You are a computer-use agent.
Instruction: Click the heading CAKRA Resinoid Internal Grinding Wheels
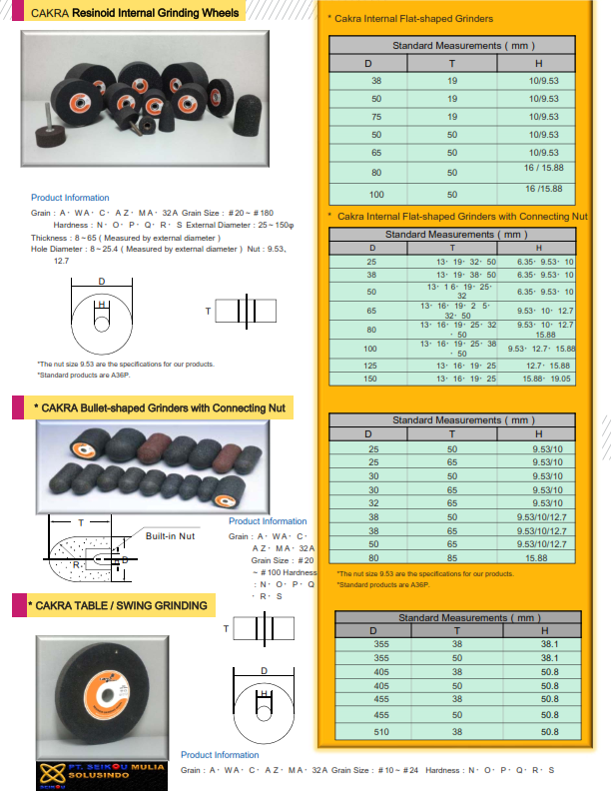click(135, 13)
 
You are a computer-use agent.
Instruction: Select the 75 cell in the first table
click(376, 116)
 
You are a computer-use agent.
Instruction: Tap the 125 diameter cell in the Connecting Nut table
click(372, 367)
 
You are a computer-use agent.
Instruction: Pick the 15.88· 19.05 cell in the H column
click(540, 379)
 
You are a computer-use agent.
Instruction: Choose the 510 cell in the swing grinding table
click(380, 732)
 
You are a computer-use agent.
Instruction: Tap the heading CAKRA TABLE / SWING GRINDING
click(122, 605)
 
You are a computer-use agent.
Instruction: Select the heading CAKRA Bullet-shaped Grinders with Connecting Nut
click(160, 407)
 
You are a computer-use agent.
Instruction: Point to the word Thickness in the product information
click(49, 238)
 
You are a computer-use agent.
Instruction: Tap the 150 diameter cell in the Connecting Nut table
click(372, 379)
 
